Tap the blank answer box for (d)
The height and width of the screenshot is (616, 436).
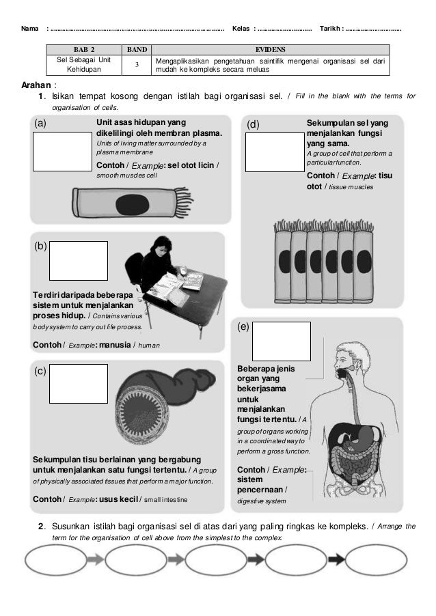coord(275,151)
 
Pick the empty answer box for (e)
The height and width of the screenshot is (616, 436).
coord(282,341)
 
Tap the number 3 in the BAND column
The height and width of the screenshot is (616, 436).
coord(137,64)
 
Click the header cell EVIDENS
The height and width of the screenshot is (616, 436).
coord(271,50)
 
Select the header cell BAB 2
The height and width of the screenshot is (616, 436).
coord(83,50)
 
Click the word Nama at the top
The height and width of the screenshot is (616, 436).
coord(30,28)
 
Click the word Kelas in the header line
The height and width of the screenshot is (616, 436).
coord(241,28)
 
